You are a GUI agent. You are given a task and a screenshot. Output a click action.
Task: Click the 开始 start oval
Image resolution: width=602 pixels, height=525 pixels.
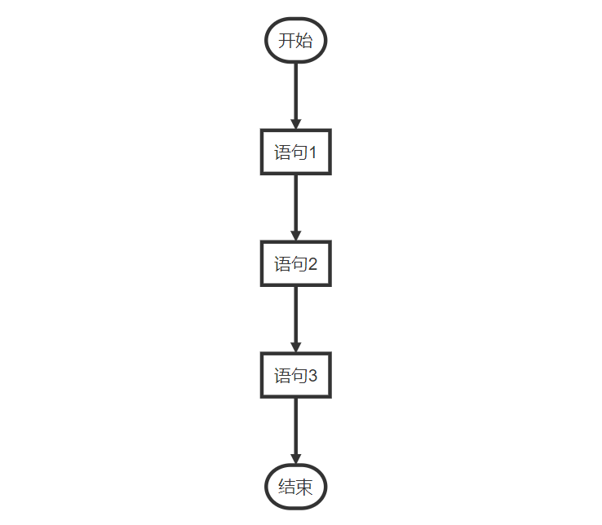point(295,40)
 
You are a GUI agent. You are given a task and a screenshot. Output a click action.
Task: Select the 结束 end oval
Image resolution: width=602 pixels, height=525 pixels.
point(295,487)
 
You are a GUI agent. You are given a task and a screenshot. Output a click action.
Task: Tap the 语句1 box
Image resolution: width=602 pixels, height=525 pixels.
point(295,152)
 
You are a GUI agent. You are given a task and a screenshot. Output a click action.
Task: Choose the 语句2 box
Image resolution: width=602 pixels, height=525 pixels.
point(295,263)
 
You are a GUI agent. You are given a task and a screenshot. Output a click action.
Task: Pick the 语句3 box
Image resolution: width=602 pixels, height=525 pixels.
point(295,375)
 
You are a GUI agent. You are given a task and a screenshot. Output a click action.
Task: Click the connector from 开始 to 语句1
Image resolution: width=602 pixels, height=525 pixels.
point(295,96)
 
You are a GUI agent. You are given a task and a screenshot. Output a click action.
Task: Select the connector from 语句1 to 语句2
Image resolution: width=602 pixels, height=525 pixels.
point(295,208)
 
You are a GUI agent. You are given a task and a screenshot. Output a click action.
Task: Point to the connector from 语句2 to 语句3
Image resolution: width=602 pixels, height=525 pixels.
point(295,320)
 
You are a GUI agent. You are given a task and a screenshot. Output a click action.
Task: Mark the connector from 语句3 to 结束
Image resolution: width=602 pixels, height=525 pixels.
point(295,431)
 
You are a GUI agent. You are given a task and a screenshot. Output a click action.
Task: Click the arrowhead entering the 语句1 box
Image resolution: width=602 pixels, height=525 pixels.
point(295,124)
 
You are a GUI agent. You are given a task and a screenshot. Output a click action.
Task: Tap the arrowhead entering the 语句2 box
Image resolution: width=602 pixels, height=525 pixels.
point(295,236)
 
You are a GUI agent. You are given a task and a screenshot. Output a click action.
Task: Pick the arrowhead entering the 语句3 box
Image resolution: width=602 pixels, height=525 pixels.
point(295,347)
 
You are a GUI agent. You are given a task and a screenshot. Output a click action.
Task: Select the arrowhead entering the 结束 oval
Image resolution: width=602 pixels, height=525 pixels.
point(295,459)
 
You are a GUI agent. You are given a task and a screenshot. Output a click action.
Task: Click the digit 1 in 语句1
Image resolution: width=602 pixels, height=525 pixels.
point(312,152)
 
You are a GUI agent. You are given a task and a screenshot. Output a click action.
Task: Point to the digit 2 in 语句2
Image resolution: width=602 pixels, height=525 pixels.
point(312,264)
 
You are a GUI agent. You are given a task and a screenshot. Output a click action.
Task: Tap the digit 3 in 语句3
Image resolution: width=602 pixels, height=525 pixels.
point(312,376)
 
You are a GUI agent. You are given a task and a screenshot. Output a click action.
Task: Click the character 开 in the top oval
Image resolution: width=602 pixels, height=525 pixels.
point(287,41)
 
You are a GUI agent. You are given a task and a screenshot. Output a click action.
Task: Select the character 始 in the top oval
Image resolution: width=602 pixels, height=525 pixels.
point(304,41)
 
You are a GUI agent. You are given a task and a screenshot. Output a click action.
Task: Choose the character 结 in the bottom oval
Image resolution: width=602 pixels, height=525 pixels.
point(287,487)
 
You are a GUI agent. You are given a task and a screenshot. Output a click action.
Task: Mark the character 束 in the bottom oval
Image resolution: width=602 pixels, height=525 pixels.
point(304,487)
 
